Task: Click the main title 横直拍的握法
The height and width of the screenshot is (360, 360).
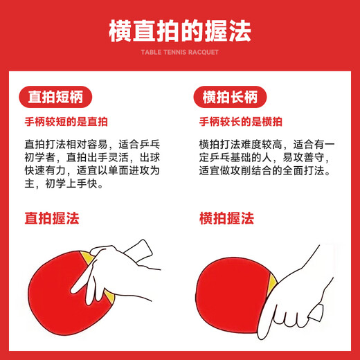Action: [x=179, y=30]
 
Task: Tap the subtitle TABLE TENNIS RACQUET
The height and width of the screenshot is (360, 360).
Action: [x=179, y=52]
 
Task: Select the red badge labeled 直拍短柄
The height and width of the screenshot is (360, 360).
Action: [x=55, y=96]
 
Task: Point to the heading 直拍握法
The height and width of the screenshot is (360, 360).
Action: [x=52, y=219]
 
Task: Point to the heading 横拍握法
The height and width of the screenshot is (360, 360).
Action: [x=226, y=219]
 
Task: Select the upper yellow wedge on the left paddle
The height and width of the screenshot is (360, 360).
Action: [x=89, y=259]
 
